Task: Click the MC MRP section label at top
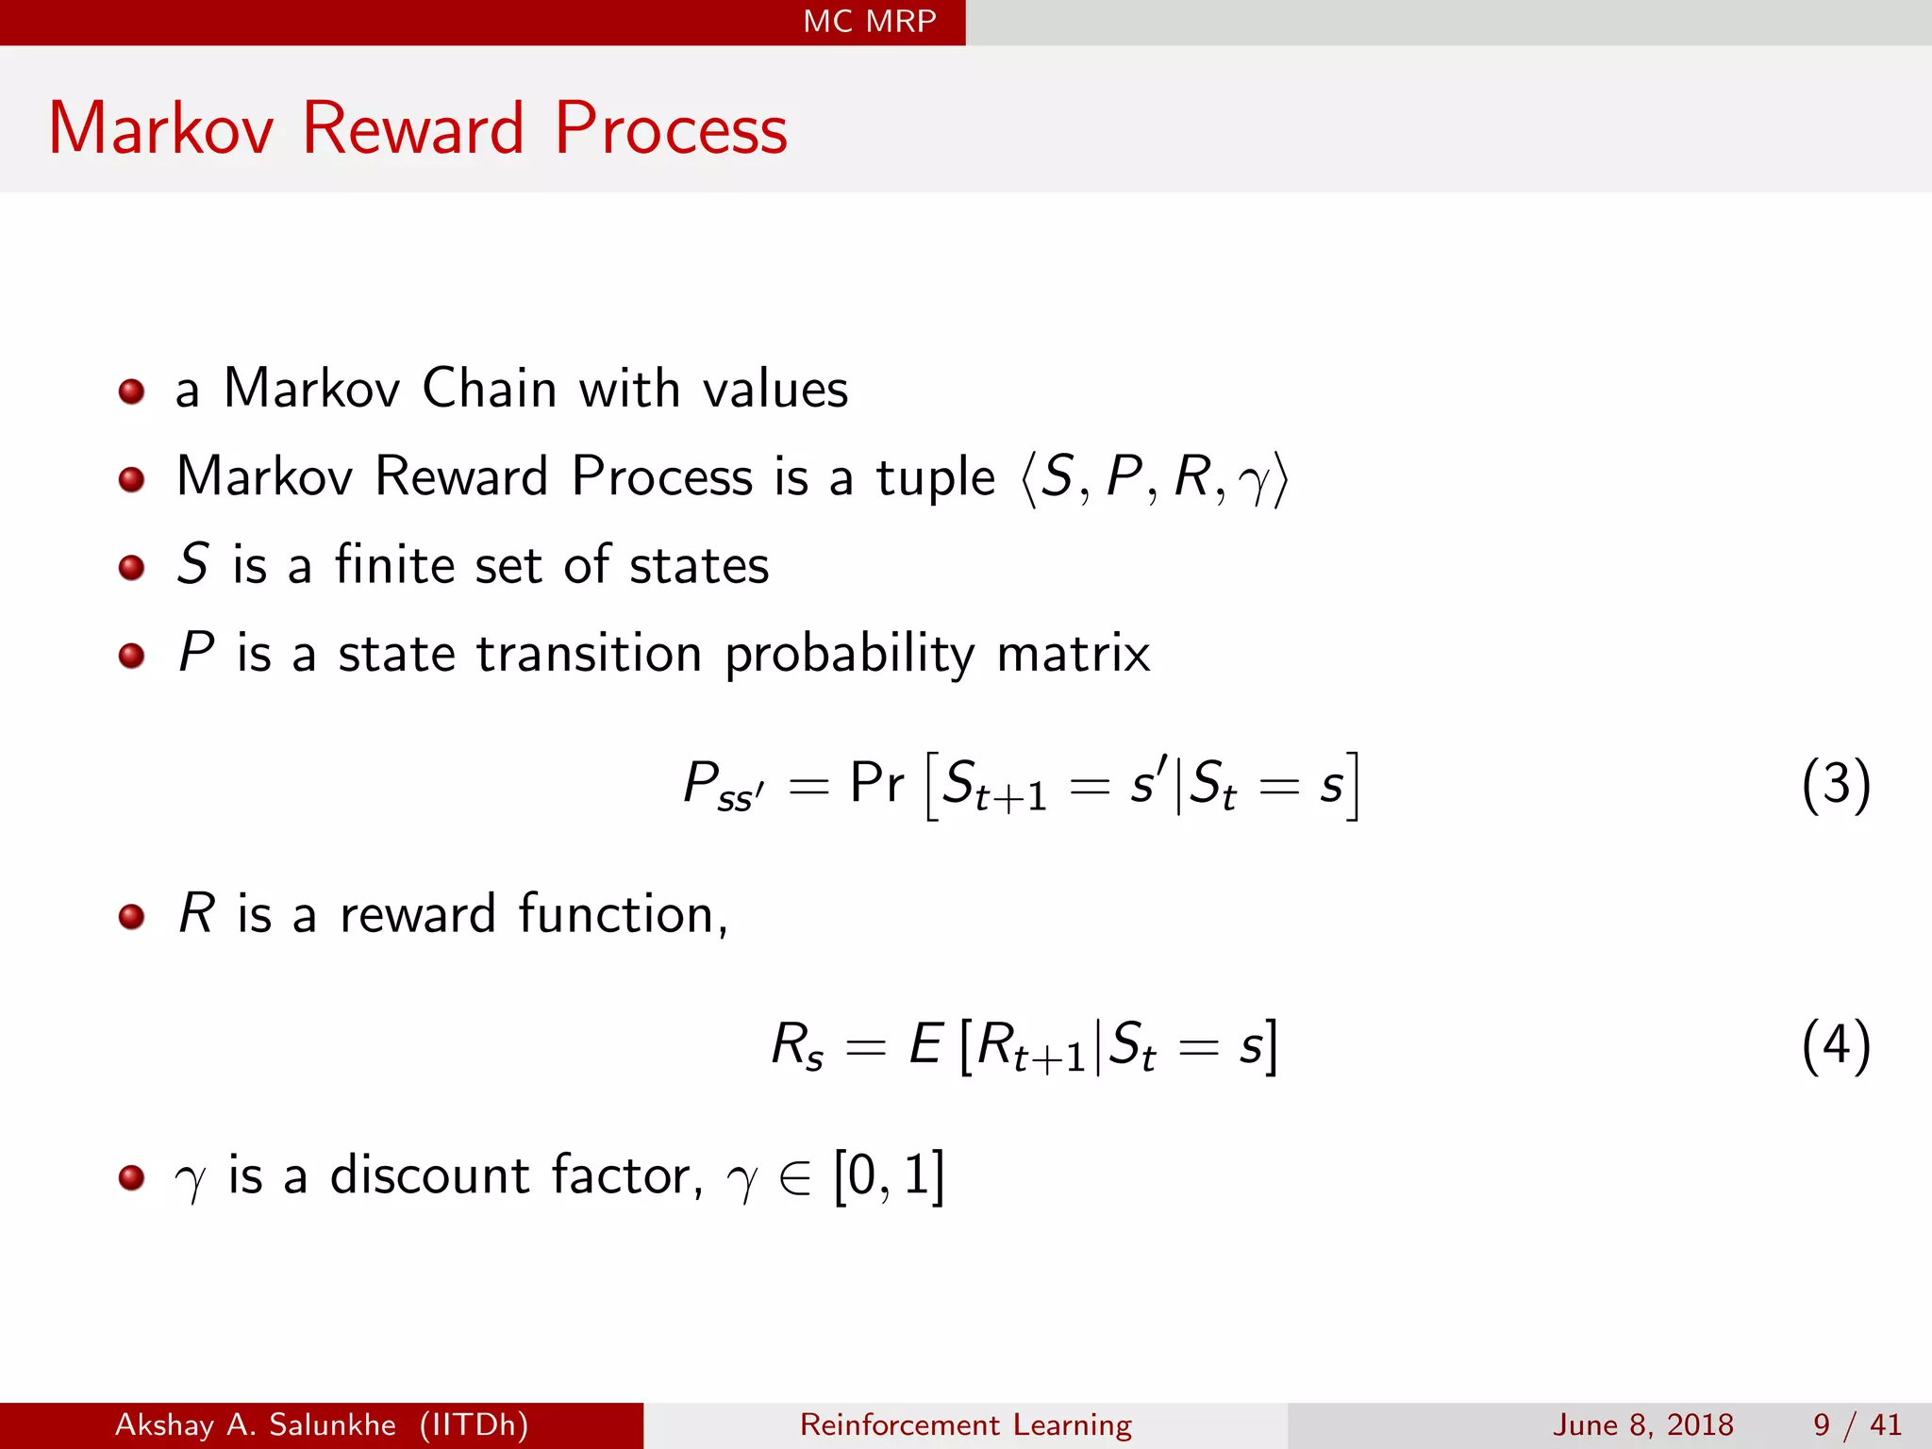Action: tap(869, 21)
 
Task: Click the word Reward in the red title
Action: tap(412, 128)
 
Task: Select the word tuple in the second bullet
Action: tap(935, 477)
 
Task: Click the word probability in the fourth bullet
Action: tap(849, 654)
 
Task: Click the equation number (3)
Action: tap(1835, 784)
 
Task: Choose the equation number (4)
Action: tap(1835, 1045)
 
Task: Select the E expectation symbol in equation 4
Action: tap(925, 1044)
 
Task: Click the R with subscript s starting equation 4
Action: tap(796, 1046)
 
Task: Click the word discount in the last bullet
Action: tap(429, 1175)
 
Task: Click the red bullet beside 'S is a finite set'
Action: tap(131, 567)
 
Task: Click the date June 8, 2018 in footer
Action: tap(1642, 1424)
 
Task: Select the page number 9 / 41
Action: tap(1857, 1424)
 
